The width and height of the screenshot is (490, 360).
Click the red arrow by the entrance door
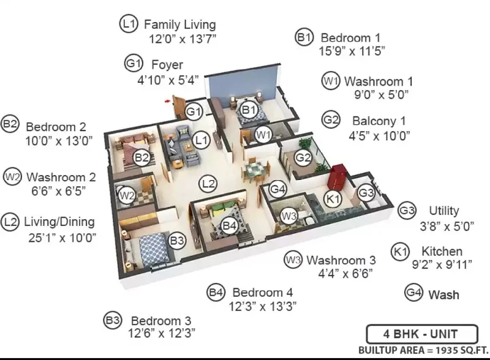168,101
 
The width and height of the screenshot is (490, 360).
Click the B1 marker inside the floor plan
249,110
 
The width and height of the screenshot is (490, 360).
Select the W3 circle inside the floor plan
288,216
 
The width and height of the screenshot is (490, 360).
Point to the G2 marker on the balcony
303,157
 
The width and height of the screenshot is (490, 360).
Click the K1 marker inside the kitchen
333,199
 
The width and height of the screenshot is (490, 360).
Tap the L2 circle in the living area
208,184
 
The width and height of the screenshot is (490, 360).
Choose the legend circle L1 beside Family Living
129,24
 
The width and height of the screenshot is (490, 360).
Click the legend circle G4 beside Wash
414,293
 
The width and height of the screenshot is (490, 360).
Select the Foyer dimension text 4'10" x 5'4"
168,80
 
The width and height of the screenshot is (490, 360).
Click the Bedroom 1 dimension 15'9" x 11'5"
352,51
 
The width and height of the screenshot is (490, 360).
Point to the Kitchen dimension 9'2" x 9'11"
442,264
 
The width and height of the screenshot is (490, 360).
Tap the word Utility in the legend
443,211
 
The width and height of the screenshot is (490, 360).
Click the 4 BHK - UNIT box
422,334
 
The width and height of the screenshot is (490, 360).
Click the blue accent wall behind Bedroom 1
243,82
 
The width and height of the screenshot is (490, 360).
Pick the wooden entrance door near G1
178,107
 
